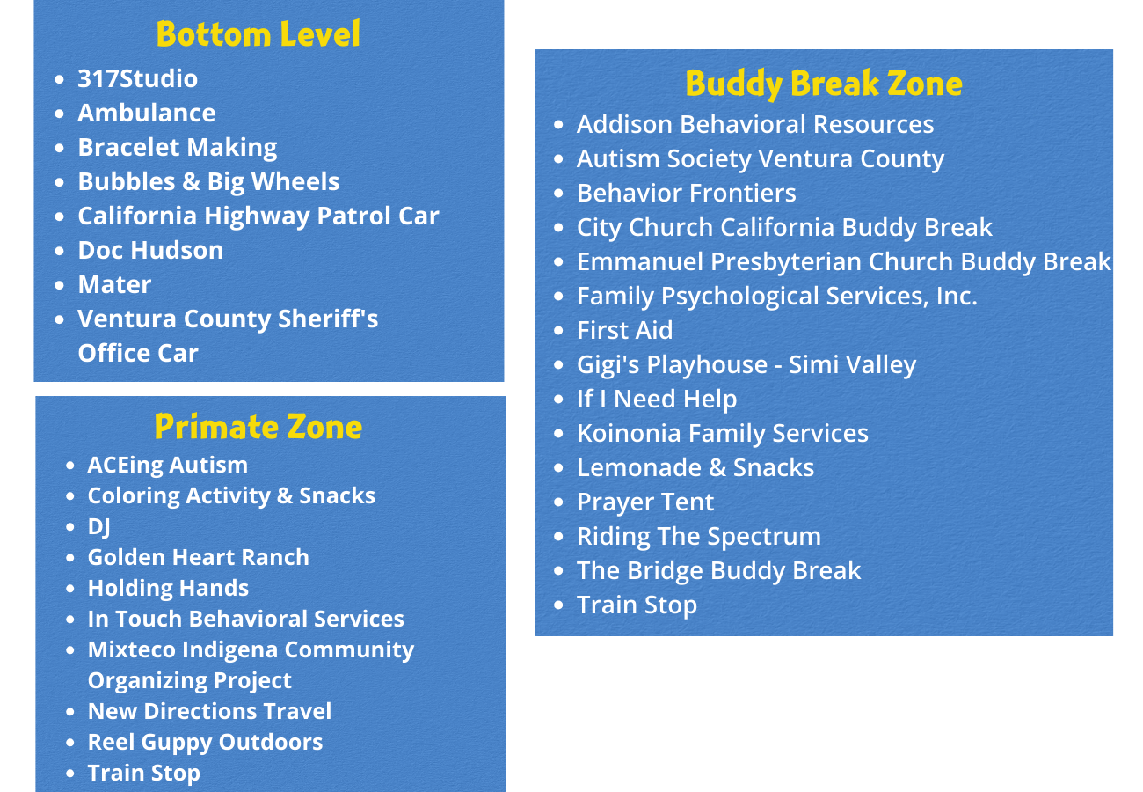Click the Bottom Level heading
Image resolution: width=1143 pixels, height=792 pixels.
click(258, 34)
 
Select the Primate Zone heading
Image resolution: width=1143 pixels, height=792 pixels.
click(258, 427)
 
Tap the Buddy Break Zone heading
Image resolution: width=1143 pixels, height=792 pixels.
click(824, 84)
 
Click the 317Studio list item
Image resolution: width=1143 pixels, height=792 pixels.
click(137, 78)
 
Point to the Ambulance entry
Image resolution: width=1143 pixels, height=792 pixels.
click(147, 113)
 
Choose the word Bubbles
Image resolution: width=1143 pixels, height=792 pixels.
click(127, 181)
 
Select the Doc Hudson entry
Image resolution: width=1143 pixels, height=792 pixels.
click(150, 250)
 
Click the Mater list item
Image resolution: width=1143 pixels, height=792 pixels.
click(114, 284)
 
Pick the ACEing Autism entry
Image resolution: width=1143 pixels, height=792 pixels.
click(167, 465)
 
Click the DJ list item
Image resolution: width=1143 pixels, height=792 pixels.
click(98, 526)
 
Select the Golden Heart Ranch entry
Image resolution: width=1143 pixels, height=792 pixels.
click(198, 557)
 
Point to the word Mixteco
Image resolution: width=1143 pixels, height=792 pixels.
click(132, 649)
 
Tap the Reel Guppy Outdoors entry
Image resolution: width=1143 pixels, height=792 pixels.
click(205, 743)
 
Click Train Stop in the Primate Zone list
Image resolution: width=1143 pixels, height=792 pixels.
click(143, 774)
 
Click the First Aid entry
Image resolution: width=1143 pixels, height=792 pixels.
click(624, 330)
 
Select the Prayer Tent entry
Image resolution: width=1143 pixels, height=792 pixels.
click(645, 502)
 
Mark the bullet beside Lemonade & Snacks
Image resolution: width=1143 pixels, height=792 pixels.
click(558, 468)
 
